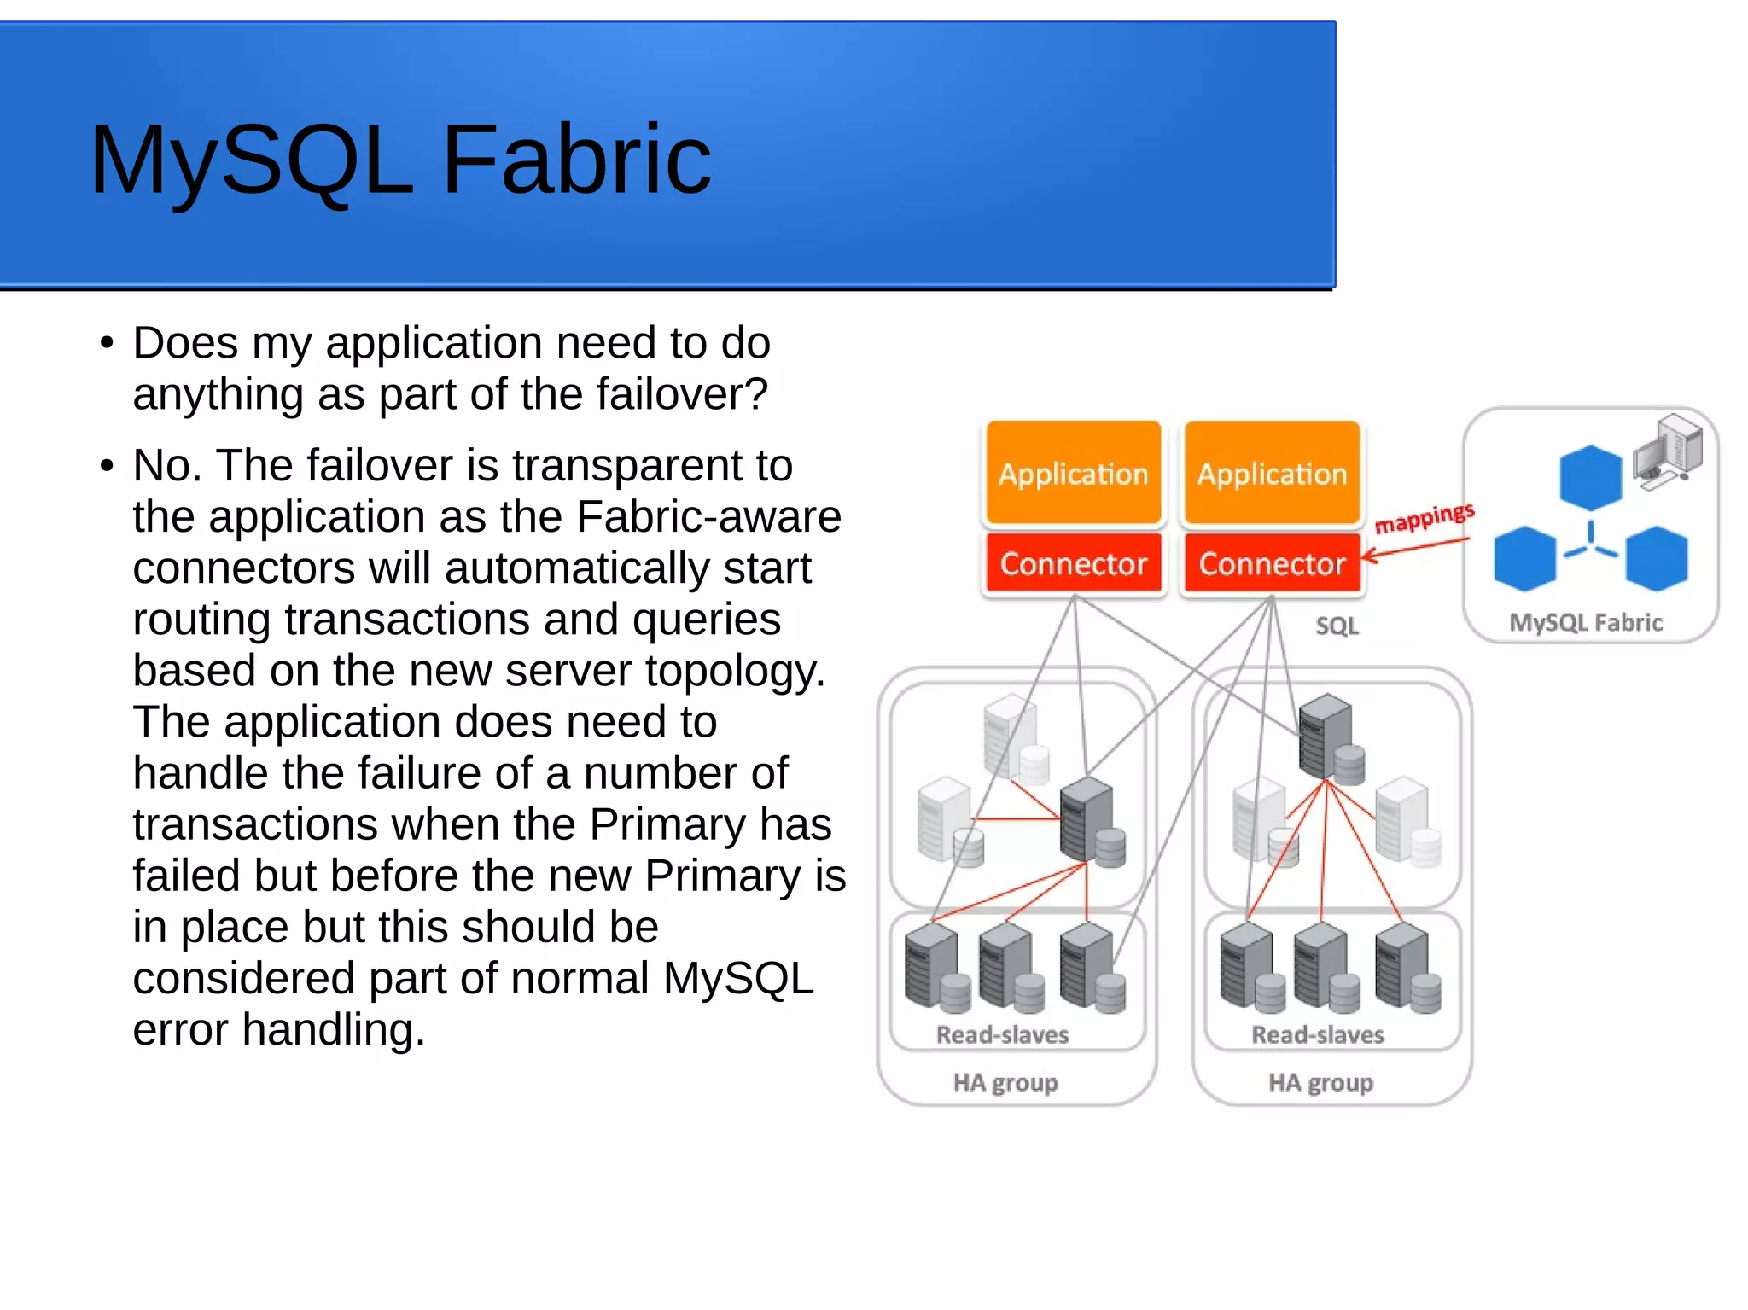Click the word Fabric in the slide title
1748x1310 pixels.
coord(576,160)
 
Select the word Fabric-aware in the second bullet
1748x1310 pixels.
coord(708,516)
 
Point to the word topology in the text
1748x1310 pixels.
coord(733,671)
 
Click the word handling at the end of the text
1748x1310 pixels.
coord(333,1029)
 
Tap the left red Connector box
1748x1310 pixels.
coord(1073,563)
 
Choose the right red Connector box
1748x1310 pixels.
coord(1272,563)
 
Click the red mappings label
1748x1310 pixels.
coord(1424,518)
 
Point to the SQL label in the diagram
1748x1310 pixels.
coord(1337,626)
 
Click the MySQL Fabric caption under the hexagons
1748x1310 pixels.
coord(1586,622)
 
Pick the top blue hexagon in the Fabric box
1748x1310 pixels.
coord(1590,478)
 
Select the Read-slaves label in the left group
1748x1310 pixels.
coord(1002,1035)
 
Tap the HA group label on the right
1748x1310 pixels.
coord(1320,1083)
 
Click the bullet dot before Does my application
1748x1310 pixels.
coord(107,343)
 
